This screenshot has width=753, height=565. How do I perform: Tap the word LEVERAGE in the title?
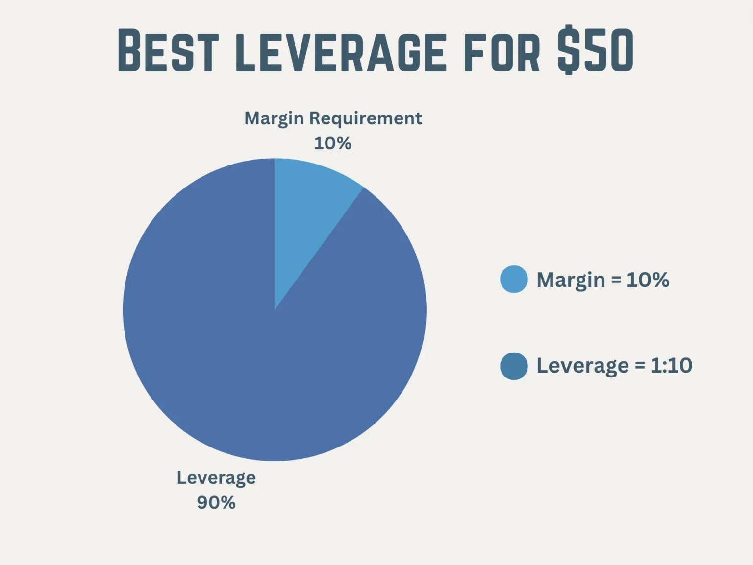pyautogui.click(x=341, y=51)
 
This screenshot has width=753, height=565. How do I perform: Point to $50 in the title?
pyautogui.click(x=596, y=51)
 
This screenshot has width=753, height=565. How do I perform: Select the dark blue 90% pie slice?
pyautogui.click(x=255, y=353)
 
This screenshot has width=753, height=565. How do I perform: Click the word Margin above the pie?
pyautogui.click(x=274, y=118)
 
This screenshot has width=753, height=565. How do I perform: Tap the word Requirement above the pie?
pyautogui.click(x=365, y=118)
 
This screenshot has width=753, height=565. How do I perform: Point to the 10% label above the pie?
pyautogui.click(x=332, y=143)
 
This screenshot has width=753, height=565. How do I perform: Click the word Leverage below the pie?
pyautogui.click(x=216, y=478)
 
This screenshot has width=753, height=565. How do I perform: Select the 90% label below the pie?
pyautogui.click(x=216, y=503)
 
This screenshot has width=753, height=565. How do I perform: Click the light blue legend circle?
pyautogui.click(x=514, y=279)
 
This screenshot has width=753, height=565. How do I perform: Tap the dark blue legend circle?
pyautogui.click(x=514, y=366)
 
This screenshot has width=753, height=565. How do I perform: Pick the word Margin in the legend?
pyautogui.click(x=571, y=280)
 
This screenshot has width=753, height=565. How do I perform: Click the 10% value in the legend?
pyautogui.click(x=648, y=280)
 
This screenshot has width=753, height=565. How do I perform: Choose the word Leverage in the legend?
pyautogui.click(x=582, y=366)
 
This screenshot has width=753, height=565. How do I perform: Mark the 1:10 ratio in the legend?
pyautogui.click(x=671, y=366)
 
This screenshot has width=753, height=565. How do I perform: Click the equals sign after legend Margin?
pyautogui.click(x=616, y=281)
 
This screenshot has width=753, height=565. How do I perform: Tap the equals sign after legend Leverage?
pyautogui.click(x=640, y=366)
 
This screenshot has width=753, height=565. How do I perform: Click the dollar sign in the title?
pyautogui.click(x=569, y=51)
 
